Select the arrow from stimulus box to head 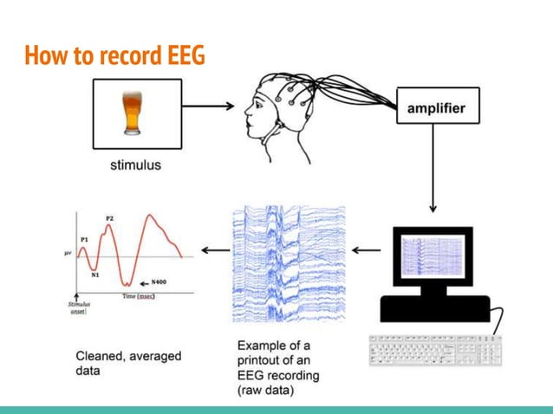point(208,107)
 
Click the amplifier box point(437,109)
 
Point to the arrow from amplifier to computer point(433,173)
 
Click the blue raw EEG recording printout point(289,260)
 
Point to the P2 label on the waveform point(109,217)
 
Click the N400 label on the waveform point(159,281)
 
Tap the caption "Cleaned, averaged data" point(122,362)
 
